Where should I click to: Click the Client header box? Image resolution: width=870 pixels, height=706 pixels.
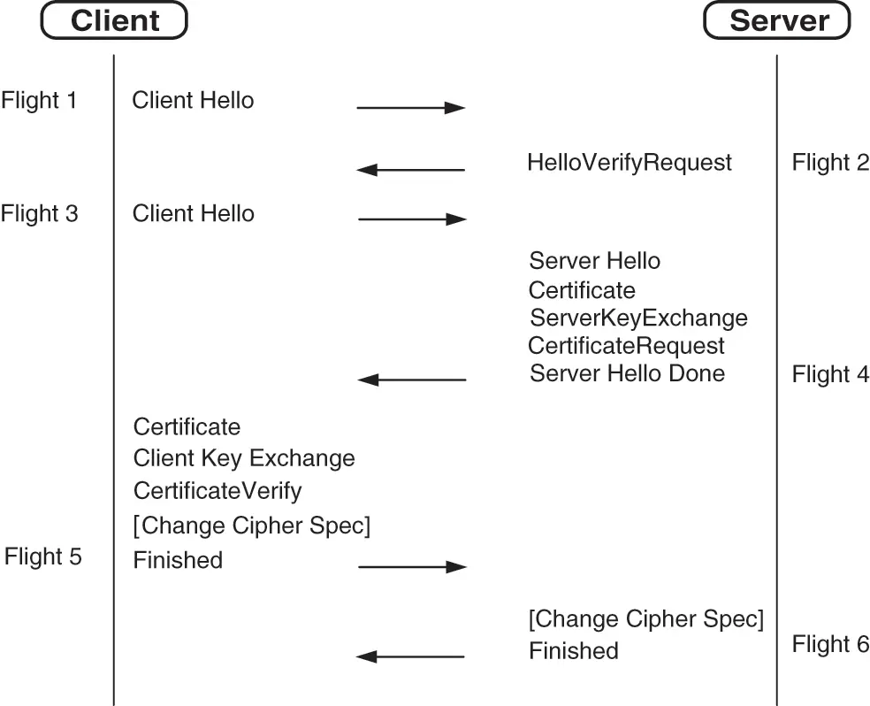click(x=114, y=20)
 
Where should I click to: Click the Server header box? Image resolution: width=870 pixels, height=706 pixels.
click(x=776, y=20)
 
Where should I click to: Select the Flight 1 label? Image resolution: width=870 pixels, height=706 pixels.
click(x=39, y=100)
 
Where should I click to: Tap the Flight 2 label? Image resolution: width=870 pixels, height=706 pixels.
click(x=830, y=162)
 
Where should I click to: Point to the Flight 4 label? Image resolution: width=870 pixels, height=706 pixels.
click(x=830, y=374)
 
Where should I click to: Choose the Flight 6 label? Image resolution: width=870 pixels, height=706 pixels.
click(x=830, y=644)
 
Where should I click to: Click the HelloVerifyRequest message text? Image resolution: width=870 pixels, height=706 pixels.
click(x=629, y=163)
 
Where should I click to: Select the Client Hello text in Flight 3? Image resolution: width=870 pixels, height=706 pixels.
click(x=193, y=213)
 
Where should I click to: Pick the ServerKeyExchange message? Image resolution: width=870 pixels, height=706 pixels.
click(x=637, y=318)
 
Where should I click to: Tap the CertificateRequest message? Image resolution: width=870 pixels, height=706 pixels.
click(x=626, y=345)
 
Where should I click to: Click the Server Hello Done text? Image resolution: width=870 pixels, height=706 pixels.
click(x=627, y=373)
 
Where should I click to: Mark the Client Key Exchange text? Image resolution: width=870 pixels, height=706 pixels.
click(x=244, y=458)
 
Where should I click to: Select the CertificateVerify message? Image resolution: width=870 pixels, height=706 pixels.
click(x=217, y=490)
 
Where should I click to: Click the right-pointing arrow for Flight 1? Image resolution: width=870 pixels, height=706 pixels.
click(x=410, y=108)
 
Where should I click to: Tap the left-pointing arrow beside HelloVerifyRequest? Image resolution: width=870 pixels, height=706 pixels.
click(x=410, y=169)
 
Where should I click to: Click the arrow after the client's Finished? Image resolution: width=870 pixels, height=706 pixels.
click(x=411, y=566)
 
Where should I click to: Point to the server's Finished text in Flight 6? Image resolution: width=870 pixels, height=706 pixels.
click(x=573, y=651)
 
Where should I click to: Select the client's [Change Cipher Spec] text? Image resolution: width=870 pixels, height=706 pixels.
click(x=251, y=526)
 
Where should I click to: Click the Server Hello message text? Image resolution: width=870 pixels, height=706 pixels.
click(x=594, y=261)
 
